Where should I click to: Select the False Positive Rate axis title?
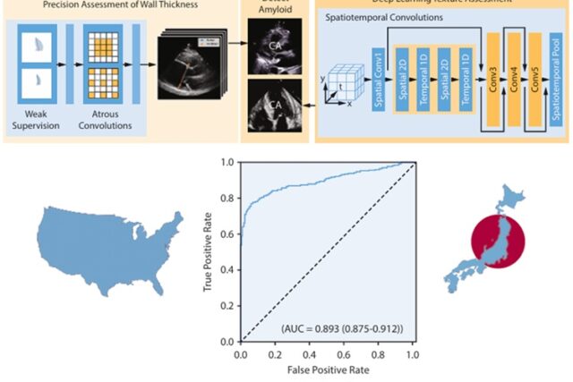pos(325,369)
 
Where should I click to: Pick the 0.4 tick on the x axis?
pos(309,354)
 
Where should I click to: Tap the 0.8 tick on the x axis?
pos(378,354)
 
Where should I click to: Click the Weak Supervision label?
pos(37,120)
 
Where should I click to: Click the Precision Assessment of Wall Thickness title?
pos(120,4)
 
